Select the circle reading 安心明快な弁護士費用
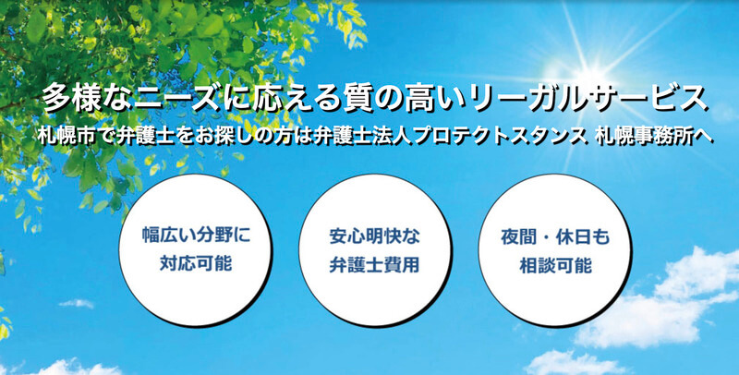pyautogui.click(x=374, y=250)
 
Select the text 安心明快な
pyautogui.click(x=374, y=235)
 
